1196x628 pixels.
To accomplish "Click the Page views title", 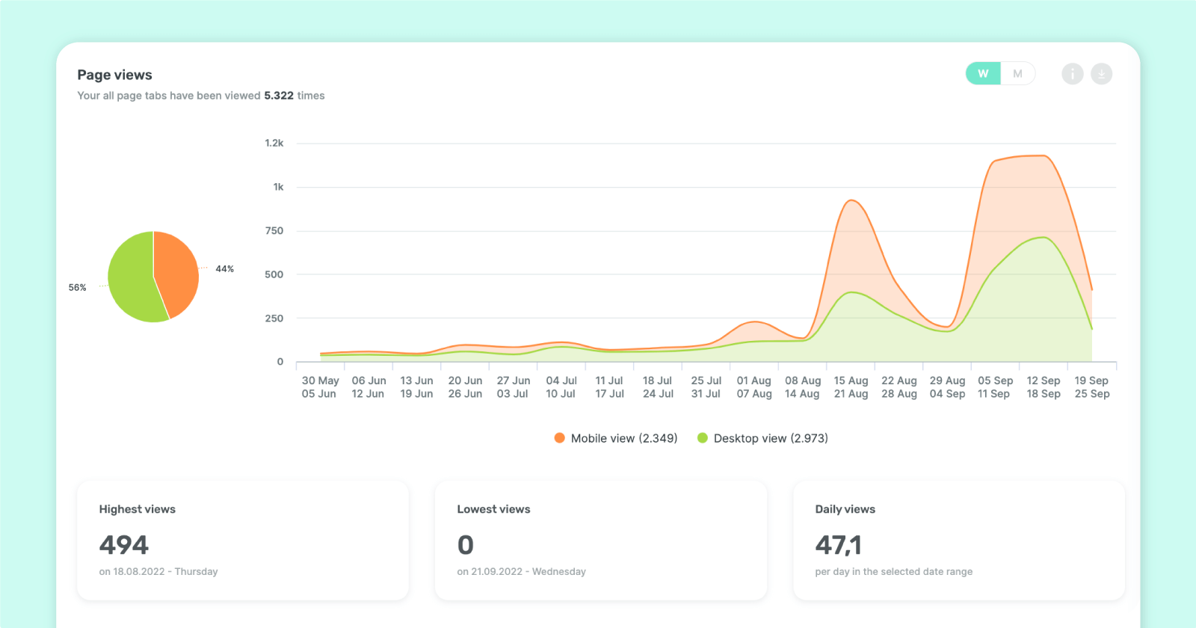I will tap(114, 75).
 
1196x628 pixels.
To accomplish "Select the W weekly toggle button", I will tap(983, 73).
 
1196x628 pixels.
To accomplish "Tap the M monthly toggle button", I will tap(1017, 73).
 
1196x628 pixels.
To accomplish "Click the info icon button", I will tap(1072, 73).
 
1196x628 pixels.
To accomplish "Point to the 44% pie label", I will tap(224, 269).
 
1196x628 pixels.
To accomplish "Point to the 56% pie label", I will tap(77, 287).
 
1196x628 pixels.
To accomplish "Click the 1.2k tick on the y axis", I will tap(274, 143).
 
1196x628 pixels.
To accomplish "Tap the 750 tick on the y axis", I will tap(274, 231).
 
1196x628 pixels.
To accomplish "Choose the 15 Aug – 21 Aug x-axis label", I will tap(851, 387).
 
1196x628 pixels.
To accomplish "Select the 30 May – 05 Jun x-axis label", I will tap(320, 387).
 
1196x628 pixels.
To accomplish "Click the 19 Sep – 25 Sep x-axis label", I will tap(1091, 387).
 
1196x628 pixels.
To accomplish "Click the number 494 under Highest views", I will tap(124, 545).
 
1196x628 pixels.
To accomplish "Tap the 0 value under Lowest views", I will tap(465, 545).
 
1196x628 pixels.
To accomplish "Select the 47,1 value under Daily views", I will tap(838, 545).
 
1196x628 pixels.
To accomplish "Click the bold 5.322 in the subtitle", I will tap(279, 96).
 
